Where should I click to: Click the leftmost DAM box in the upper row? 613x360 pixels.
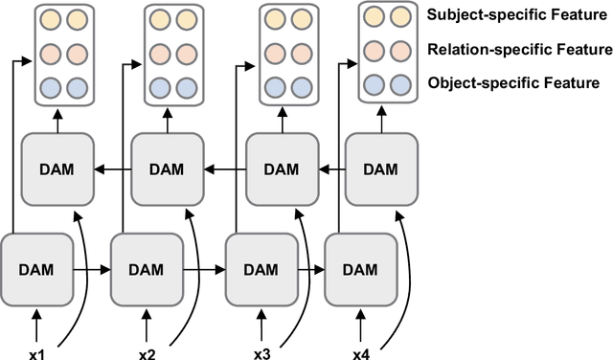(57, 169)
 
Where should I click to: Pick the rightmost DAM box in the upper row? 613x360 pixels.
(380, 169)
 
